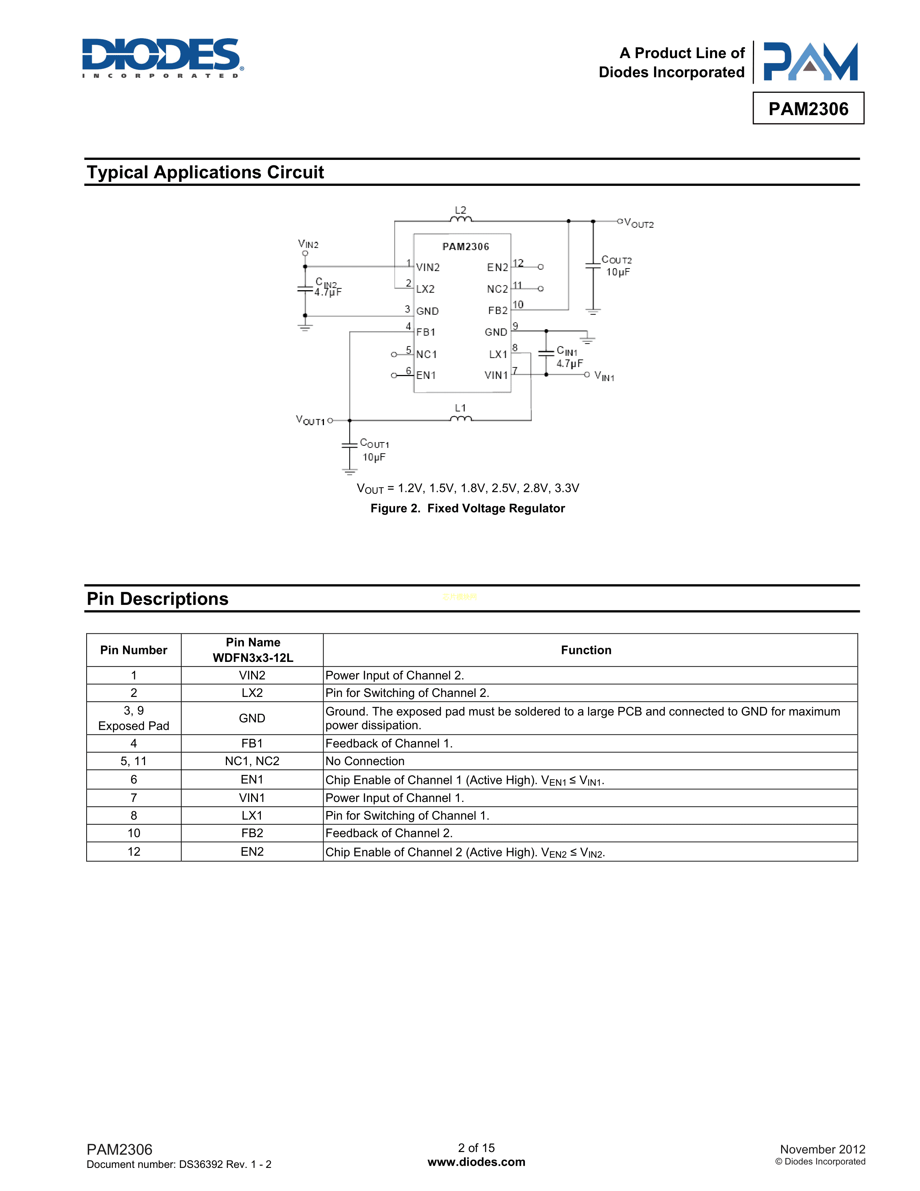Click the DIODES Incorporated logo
click(x=162, y=57)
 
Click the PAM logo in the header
click(x=810, y=62)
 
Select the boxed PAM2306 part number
click(x=808, y=109)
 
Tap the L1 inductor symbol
click(x=461, y=418)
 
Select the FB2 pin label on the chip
click(x=498, y=310)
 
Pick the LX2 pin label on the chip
click(x=425, y=289)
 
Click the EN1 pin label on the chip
click(x=426, y=375)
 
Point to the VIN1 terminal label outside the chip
click(x=604, y=376)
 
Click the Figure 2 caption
click(x=467, y=508)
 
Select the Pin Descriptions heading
click(x=158, y=599)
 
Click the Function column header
click(x=586, y=650)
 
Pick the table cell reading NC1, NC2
click(x=252, y=761)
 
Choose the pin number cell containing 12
click(x=133, y=852)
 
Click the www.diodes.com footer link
click(x=476, y=1162)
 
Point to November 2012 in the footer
click(x=822, y=1149)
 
